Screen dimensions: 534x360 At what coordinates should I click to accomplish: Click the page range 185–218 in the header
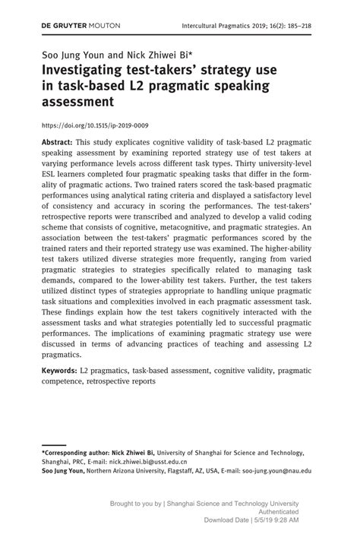[295, 25]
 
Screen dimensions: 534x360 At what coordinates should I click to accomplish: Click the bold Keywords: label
[60, 371]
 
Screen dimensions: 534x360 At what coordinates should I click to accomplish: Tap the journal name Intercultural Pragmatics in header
[219, 25]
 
